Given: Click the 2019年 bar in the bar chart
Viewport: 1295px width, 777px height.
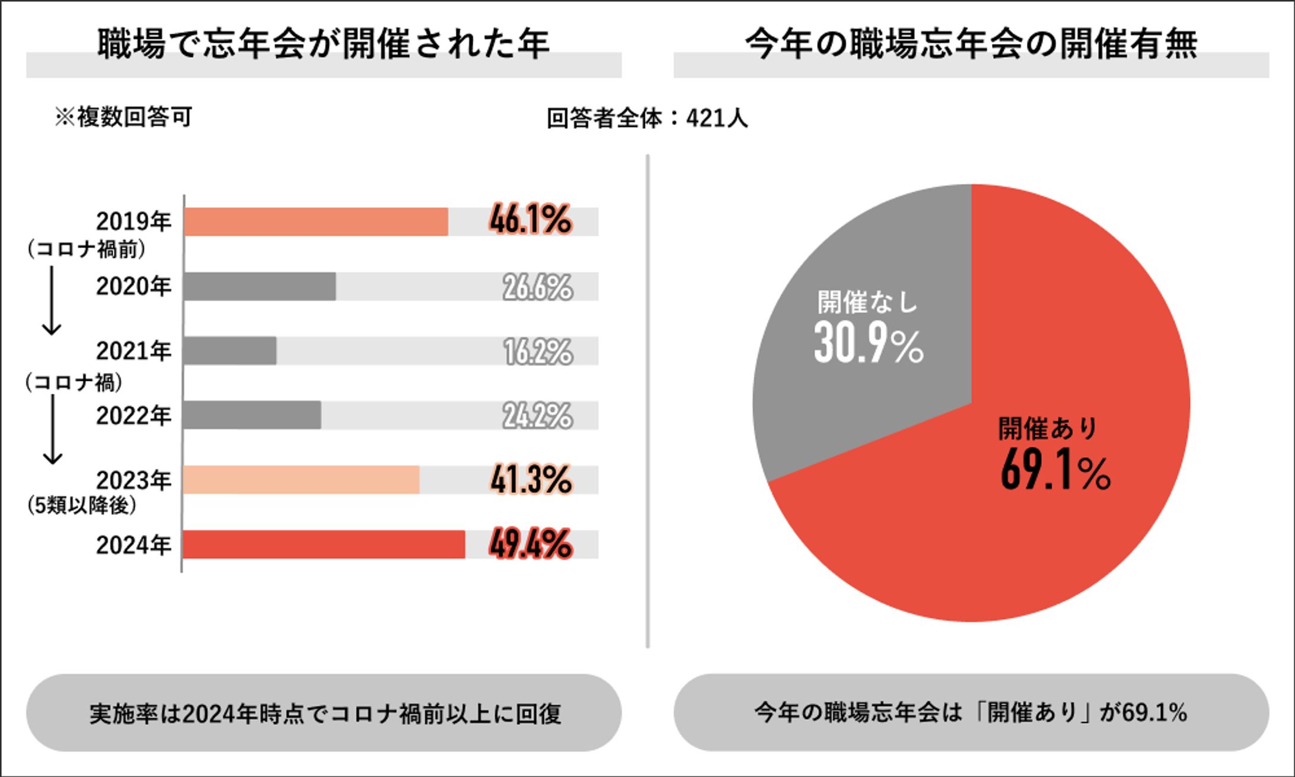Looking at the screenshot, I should (315, 222).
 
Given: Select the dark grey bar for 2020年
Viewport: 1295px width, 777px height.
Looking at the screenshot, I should (259, 286).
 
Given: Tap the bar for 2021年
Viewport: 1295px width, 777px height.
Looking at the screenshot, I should (229, 351).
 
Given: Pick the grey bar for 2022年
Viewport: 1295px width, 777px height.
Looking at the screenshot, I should (252, 415).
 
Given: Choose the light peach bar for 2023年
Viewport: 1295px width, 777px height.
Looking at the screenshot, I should (301, 480).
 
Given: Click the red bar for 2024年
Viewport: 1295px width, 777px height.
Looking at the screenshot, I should (324, 544).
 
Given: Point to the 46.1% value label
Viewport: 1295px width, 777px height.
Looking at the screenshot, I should (530, 219).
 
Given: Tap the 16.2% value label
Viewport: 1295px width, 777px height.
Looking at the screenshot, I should (538, 351).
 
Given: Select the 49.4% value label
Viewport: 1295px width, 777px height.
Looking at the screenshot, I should (530, 544).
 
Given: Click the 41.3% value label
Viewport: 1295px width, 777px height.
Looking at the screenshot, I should (530, 479).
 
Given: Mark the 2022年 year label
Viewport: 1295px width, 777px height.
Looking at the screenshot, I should (133, 416).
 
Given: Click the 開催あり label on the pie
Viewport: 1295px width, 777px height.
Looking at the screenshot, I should (1048, 428).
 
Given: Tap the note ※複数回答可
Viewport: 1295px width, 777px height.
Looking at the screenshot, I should (123, 117).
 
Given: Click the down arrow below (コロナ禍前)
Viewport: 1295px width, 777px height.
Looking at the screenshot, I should (52, 300).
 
